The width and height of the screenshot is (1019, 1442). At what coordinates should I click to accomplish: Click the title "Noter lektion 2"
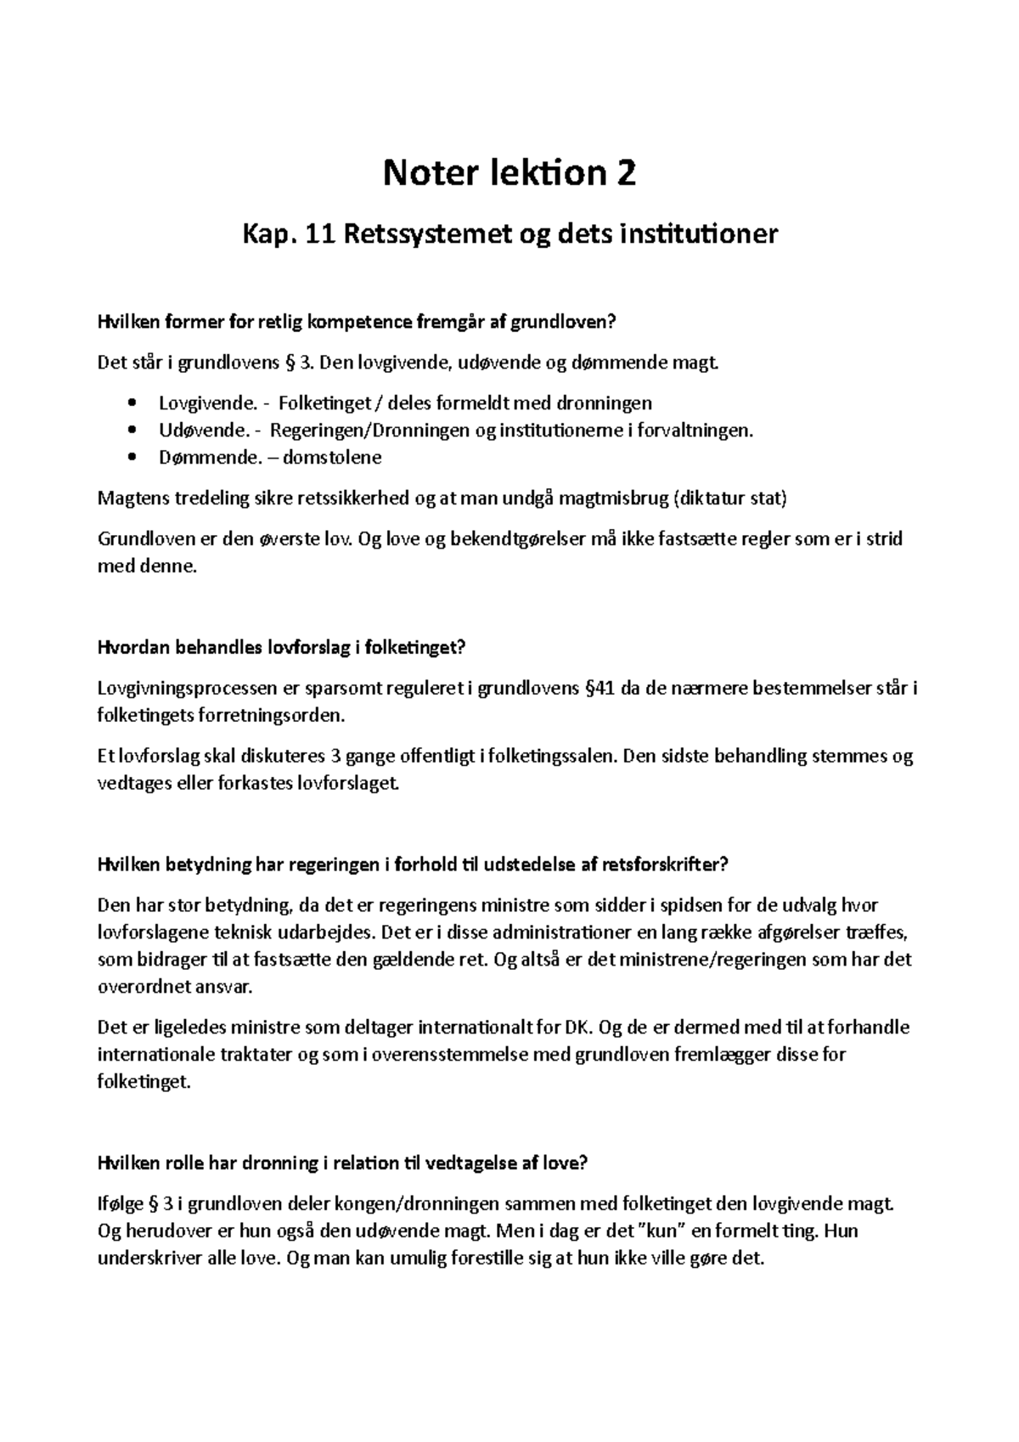[509, 174]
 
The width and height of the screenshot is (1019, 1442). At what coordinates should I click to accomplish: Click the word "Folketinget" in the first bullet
[326, 403]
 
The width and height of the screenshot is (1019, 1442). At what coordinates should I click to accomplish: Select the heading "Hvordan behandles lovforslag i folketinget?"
[282, 648]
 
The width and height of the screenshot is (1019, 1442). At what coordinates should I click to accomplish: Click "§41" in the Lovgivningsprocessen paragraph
[600, 688]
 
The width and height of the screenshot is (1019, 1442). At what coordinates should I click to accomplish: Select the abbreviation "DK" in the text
[576, 1028]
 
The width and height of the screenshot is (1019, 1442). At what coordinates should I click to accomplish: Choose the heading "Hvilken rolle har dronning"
[342, 1164]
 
